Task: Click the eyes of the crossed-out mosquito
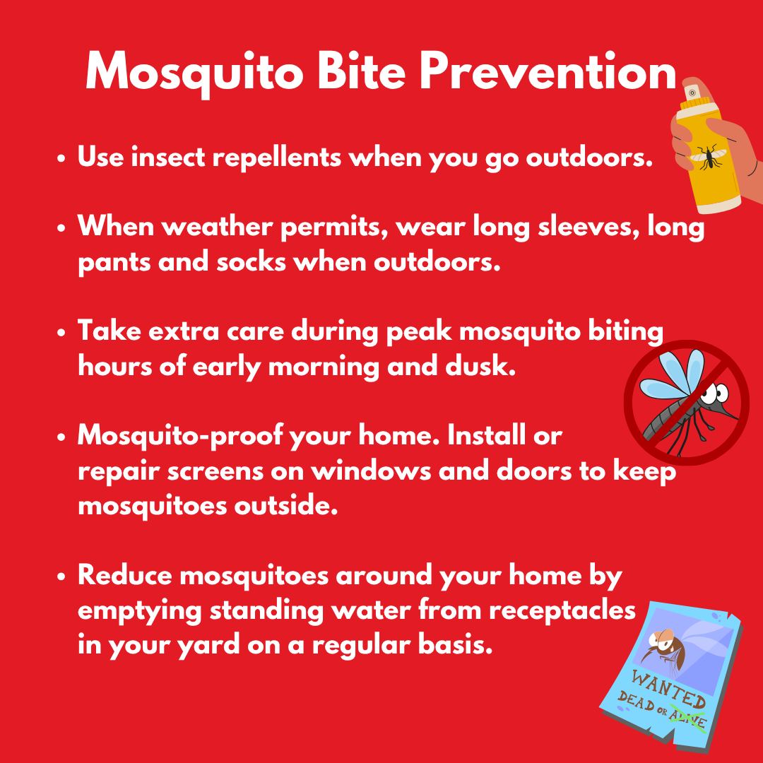point(717,391)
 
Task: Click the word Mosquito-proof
point(179,435)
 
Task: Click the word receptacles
point(562,610)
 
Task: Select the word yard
point(208,646)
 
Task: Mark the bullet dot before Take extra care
point(61,333)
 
